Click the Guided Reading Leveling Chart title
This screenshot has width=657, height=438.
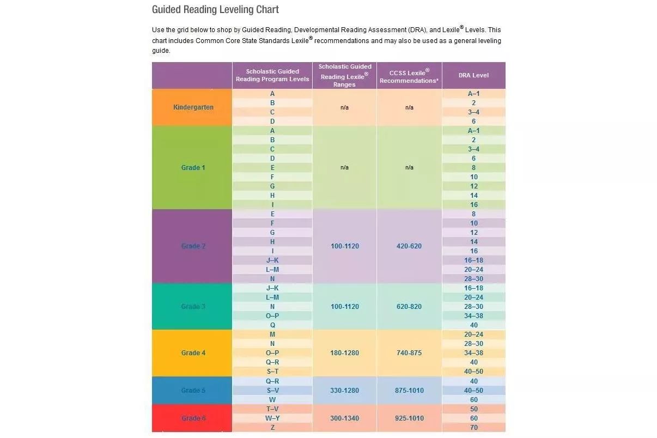[x=215, y=10]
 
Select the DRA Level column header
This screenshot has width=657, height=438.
[x=473, y=75]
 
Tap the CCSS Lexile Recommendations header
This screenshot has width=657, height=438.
[x=409, y=76]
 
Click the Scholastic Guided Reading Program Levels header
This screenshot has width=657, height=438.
[x=272, y=75]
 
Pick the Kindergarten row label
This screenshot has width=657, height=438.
[x=193, y=107]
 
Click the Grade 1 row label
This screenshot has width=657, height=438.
[x=193, y=167]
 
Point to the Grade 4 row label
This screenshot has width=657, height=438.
[x=193, y=353]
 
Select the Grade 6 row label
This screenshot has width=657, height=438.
[x=193, y=418]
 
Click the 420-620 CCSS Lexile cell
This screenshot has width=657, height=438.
[x=409, y=246]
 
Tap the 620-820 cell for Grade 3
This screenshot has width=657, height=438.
[x=409, y=307]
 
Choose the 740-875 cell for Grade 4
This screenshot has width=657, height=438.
[x=409, y=353]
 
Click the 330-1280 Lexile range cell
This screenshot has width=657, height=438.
[x=345, y=391]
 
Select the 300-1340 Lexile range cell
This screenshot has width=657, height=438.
[x=345, y=418]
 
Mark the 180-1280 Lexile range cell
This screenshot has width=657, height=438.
[x=345, y=353]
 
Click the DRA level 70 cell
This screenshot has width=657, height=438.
[x=473, y=428]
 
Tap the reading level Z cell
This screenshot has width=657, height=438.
[x=272, y=428]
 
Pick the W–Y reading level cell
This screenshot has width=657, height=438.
[x=272, y=418]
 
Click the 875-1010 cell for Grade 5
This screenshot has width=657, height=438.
[x=409, y=391]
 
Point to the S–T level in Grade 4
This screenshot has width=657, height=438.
[x=272, y=372]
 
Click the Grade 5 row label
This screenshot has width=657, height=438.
[x=193, y=391]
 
